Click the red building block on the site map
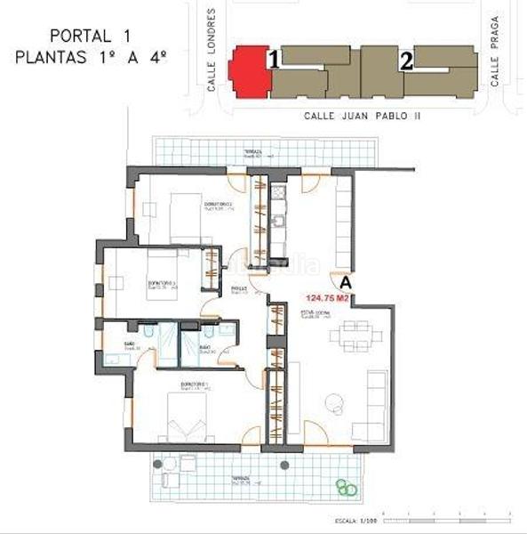(x=248, y=71)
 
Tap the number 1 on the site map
(x=275, y=61)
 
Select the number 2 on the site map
(x=406, y=61)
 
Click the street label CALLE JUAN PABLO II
(x=361, y=116)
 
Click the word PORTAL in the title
(x=74, y=36)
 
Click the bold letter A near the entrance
(x=345, y=283)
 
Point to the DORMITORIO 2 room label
(x=218, y=206)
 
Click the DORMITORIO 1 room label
(x=196, y=385)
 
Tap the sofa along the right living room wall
(x=374, y=406)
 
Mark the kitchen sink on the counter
(x=276, y=190)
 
